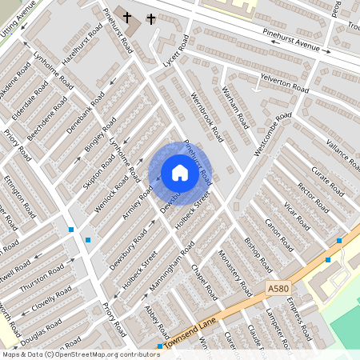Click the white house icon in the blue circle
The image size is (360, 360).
pos(180,173)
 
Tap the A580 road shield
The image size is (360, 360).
pos(278,289)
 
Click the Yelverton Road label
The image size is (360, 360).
pos(284,82)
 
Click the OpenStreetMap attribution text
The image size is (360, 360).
pos(81,354)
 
